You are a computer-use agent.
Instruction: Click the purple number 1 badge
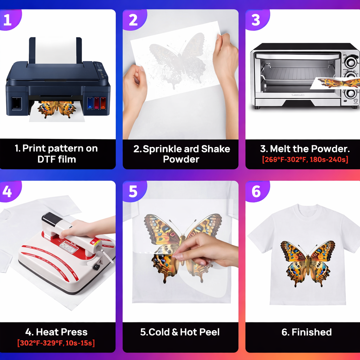(9, 20)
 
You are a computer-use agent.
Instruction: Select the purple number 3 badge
(257, 20)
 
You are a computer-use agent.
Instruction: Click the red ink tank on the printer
(97, 103)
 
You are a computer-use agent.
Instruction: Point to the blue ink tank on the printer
(90, 103)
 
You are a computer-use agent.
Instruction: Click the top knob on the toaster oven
(351, 62)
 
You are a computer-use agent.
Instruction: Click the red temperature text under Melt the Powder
(305, 159)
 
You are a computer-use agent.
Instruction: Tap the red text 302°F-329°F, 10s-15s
(56, 343)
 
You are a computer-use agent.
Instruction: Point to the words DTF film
(57, 159)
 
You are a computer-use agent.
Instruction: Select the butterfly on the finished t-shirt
(308, 264)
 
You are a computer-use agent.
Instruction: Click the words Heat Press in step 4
(62, 332)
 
